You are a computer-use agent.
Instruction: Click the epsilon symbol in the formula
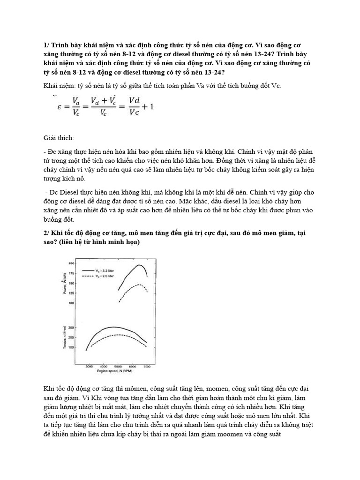tap(59, 107)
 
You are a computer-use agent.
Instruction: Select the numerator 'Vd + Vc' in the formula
tap(103, 100)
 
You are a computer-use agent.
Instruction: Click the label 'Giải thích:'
tap(59, 139)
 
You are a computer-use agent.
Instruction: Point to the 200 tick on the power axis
tap(71, 263)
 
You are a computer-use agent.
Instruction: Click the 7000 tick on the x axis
tap(147, 365)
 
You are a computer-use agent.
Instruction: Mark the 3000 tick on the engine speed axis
tap(89, 365)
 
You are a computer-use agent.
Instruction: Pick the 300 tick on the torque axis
tap(71, 327)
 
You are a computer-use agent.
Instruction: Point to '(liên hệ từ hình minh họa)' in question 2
tap(99, 242)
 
